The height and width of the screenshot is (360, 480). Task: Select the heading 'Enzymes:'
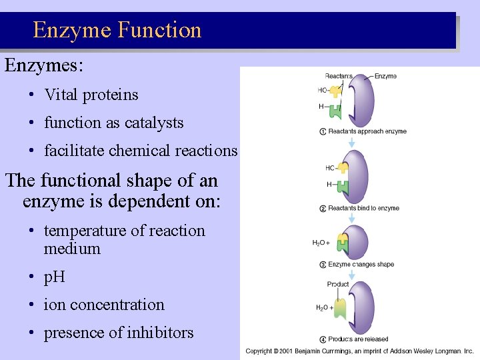point(43,65)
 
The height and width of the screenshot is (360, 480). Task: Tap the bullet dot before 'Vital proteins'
point(32,95)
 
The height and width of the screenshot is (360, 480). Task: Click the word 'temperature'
point(85,231)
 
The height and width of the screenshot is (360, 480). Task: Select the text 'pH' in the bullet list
point(55,276)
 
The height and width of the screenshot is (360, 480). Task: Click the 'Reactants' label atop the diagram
point(339,76)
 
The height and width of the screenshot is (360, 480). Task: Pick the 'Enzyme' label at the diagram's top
point(385,76)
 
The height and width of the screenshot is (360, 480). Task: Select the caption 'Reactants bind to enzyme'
point(363,208)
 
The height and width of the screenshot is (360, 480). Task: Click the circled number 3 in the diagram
point(323,265)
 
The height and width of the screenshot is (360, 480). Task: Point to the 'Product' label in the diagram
point(338,284)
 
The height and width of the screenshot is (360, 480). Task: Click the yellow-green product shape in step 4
point(341,308)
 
